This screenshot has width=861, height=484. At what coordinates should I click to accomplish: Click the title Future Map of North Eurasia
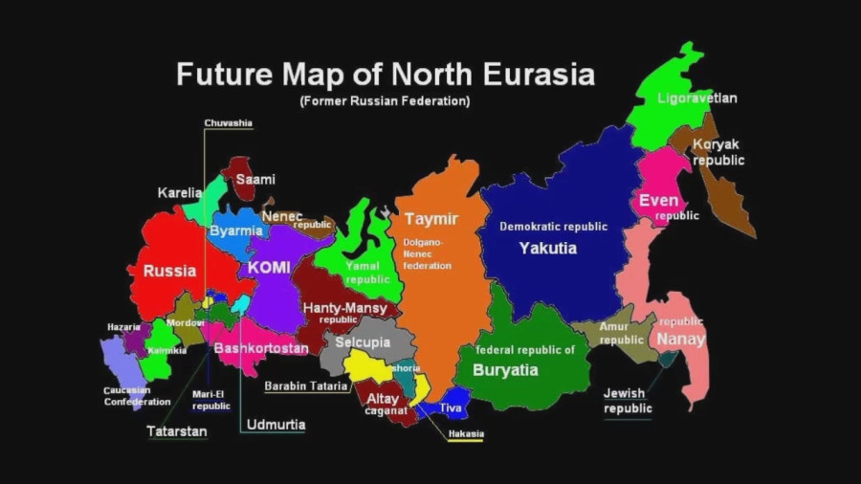[x=386, y=75]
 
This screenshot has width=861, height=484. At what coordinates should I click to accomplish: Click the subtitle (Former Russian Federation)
[x=385, y=100]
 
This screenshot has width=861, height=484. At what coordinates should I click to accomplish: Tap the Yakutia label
[x=548, y=248]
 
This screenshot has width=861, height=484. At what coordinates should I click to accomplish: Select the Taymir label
[x=431, y=219]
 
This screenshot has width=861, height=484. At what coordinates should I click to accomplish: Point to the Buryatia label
[x=505, y=370]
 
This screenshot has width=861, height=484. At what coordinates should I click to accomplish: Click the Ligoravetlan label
[x=697, y=98]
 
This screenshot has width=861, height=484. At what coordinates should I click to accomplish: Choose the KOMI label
[x=269, y=268]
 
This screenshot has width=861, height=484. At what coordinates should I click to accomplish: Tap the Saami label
[x=255, y=179]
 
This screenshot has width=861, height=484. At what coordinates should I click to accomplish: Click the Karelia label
[x=180, y=193]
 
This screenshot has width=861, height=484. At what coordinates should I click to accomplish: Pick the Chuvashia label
[x=229, y=123]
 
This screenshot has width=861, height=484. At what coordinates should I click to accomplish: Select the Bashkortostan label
[x=261, y=348]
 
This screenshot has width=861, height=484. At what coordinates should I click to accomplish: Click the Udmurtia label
[x=276, y=425]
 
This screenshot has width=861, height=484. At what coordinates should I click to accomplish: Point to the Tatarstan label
[x=177, y=431]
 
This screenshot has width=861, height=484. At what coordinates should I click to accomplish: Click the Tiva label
[x=451, y=408]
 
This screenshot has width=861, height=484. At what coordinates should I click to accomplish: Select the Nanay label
[x=680, y=339]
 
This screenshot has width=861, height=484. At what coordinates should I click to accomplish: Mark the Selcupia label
[x=362, y=342]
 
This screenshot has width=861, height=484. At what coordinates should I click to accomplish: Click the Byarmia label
[x=235, y=231]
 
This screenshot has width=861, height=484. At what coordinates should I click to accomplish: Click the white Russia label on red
[x=170, y=271]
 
